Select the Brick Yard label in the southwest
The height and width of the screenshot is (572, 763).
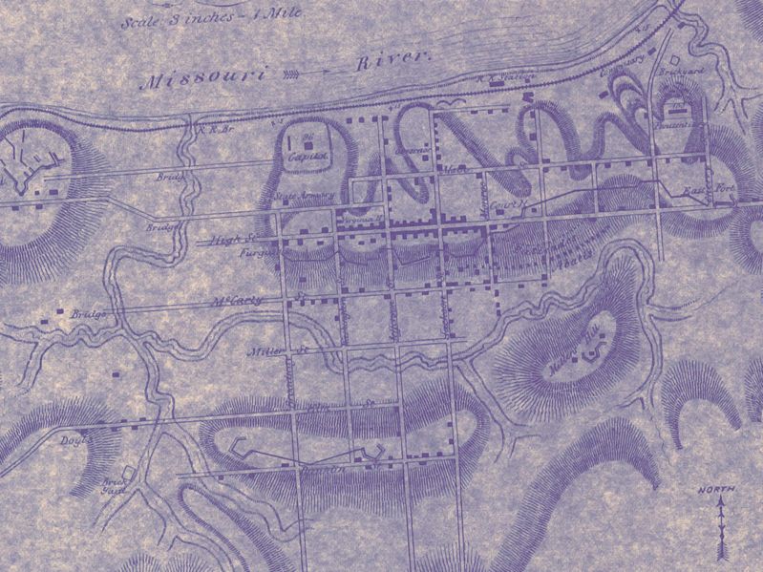pos(114,487)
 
